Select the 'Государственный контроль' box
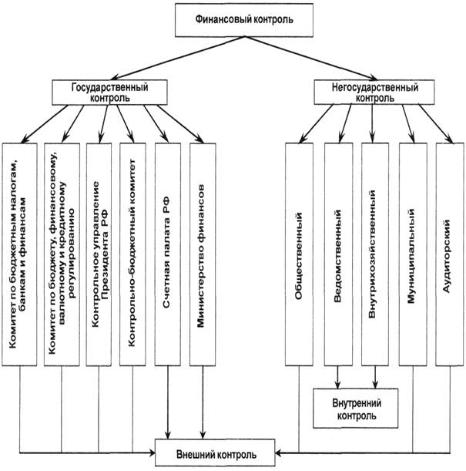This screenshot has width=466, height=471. [x=111, y=92]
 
